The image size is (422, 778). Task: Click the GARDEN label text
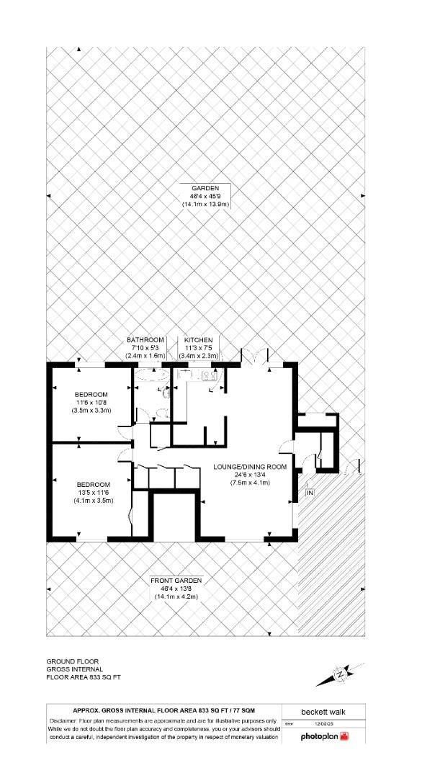tap(205, 188)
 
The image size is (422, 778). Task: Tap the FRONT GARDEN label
tap(176, 580)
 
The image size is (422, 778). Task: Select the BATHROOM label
tap(145, 339)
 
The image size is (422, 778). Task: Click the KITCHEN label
tap(198, 339)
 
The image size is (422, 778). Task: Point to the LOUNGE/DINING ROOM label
tap(250, 467)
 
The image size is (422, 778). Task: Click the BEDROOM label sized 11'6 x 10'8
tap(91, 394)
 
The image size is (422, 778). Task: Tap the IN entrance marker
tap(310, 493)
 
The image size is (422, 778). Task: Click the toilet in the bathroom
tap(164, 393)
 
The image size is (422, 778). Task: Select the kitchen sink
tap(183, 375)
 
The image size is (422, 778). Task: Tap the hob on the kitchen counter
tap(214, 375)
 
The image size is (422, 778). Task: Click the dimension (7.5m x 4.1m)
tap(250, 483)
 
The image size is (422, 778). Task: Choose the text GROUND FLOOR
tap(73, 661)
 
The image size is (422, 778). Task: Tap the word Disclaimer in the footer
tap(66, 720)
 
